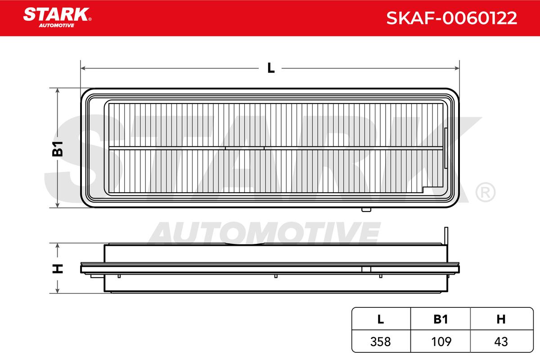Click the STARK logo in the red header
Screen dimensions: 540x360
pyautogui.click(x=57, y=18)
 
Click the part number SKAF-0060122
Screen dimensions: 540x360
pyautogui.click(x=451, y=18)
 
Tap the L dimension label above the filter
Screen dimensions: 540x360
pyautogui.click(x=271, y=68)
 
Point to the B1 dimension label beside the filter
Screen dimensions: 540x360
pyautogui.click(x=58, y=149)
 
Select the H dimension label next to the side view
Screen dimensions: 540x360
pyautogui.click(x=58, y=269)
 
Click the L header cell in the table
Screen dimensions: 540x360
pyautogui.click(x=381, y=319)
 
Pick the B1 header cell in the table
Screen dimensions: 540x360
pyautogui.click(x=441, y=319)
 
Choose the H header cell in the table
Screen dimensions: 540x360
pyautogui.click(x=501, y=319)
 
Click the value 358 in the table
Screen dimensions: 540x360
pyautogui.click(x=380, y=342)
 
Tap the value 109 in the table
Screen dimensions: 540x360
pyautogui.click(x=441, y=342)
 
